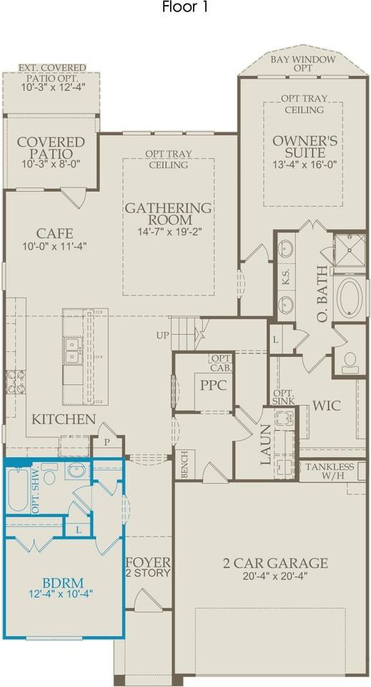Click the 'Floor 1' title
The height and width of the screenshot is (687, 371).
[x=185, y=7]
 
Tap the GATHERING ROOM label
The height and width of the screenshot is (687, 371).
[x=168, y=213]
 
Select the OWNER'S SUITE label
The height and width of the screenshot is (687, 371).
[x=305, y=147]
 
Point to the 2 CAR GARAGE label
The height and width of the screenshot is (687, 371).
[x=274, y=562]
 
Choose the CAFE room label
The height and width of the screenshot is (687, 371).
[x=55, y=233]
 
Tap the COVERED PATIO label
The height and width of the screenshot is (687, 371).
[x=51, y=148]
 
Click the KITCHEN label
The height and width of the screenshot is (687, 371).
[x=64, y=419]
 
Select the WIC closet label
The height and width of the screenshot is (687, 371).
[x=327, y=406]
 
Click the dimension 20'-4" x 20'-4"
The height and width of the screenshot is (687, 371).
[x=274, y=575]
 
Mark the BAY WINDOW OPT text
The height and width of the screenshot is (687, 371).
[x=303, y=64]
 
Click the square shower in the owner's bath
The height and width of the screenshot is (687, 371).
[x=349, y=250]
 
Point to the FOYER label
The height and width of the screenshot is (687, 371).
[x=148, y=562]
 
